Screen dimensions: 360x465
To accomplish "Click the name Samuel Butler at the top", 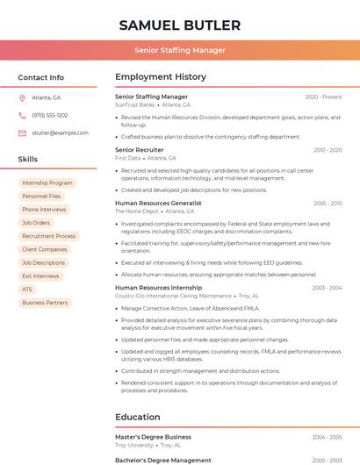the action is click(x=179, y=25).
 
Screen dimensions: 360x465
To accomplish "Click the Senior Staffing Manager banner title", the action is click(x=180, y=50).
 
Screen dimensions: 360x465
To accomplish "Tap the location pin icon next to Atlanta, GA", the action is click(x=23, y=97).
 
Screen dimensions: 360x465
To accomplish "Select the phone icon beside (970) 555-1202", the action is click(x=23, y=115).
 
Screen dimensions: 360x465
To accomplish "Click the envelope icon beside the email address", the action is click(x=23, y=132).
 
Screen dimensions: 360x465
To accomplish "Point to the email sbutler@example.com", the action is click(x=60, y=132).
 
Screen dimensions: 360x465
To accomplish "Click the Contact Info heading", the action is click(x=41, y=77).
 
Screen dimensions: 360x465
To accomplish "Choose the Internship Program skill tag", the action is click(x=47, y=182).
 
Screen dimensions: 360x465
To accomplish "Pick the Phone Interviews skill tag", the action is click(x=44, y=209).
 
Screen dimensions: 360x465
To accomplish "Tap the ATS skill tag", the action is click(x=27, y=289).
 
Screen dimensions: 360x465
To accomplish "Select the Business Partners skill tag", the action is click(x=45, y=302).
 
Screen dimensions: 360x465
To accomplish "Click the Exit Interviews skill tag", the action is click(x=40, y=275).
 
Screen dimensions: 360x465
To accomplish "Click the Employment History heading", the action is click(x=161, y=77).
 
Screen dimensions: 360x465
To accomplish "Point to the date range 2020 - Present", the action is click(x=323, y=97).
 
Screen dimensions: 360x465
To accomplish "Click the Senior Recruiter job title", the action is click(x=140, y=150).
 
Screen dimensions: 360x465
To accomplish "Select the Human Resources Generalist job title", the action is click(x=158, y=203).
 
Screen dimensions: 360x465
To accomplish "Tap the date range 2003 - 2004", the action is click(x=327, y=288).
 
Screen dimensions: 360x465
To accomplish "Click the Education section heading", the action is click(x=138, y=417).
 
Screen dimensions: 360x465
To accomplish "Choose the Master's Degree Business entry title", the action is click(x=153, y=436).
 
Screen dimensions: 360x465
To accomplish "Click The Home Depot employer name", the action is click(x=136, y=211).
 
